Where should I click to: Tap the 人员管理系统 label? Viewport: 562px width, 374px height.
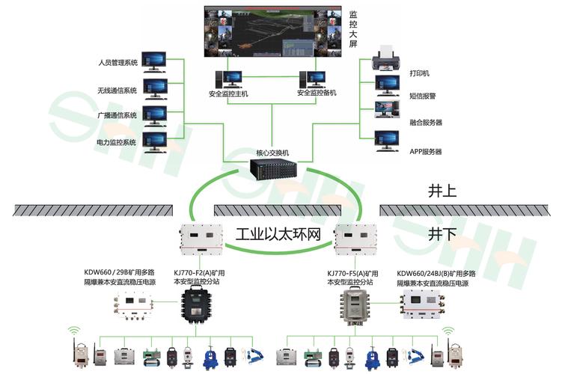tap(117, 63)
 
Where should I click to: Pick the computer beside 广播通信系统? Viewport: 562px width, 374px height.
tap(156, 114)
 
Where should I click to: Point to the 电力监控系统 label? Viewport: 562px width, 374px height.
tap(116, 142)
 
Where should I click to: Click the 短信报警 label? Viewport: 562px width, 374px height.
tap(423, 96)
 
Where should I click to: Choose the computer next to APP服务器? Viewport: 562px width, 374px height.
tap(388, 141)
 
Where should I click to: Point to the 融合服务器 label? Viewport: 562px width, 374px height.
tap(426, 122)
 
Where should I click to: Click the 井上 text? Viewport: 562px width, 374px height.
tap(442, 191)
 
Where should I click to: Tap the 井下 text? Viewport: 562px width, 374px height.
tap(442, 234)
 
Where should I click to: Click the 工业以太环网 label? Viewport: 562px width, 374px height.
tap(278, 235)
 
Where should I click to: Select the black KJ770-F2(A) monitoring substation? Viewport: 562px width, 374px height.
tap(196, 305)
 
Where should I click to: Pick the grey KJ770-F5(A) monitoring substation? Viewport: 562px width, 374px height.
tap(354, 305)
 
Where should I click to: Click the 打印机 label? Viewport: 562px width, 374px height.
tap(419, 74)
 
